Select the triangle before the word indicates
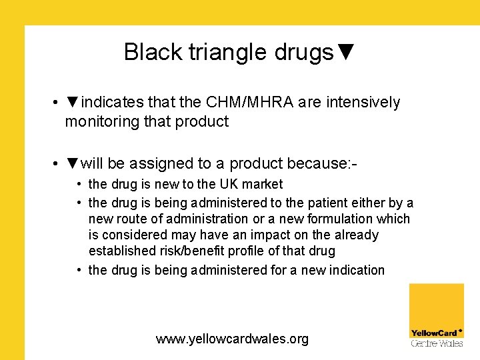coord(73,102)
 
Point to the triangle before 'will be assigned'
coord(73,163)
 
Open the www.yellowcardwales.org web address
coord(232,339)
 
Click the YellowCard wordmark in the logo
coord(435,333)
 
